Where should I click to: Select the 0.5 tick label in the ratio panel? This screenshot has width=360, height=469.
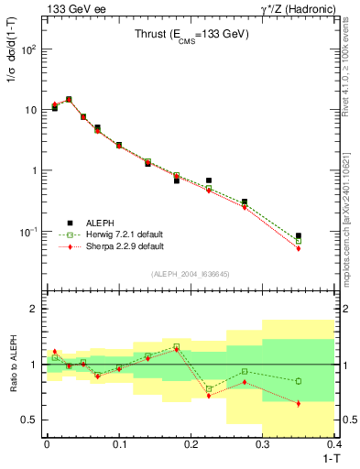29,420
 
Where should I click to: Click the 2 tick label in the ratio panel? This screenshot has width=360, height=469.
34,309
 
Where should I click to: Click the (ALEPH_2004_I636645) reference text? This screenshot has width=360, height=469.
190,274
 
